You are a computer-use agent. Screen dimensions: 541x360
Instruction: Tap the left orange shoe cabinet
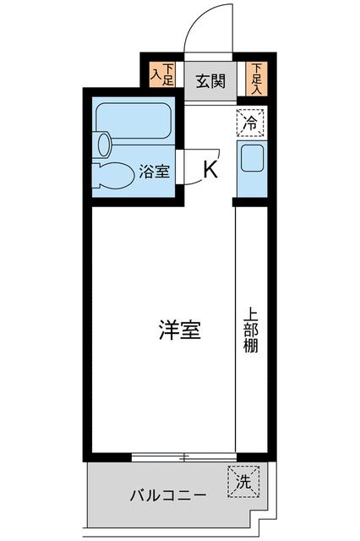click(x=161, y=75)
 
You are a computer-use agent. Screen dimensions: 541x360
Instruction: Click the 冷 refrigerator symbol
click(x=250, y=122)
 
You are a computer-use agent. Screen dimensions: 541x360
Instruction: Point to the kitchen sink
click(x=252, y=158)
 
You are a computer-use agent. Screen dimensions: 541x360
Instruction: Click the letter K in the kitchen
click(x=210, y=169)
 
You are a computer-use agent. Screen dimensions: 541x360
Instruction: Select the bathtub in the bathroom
click(x=133, y=117)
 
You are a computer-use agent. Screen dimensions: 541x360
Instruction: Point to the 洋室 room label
click(x=180, y=331)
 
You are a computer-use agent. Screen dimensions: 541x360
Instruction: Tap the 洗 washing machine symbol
click(x=242, y=483)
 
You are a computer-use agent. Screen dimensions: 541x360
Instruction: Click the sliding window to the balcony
click(x=183, y=458)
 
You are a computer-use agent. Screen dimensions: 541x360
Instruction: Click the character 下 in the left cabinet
click(x=168, y=69)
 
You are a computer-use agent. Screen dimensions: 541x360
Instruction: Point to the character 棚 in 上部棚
click(x=252, y=347)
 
